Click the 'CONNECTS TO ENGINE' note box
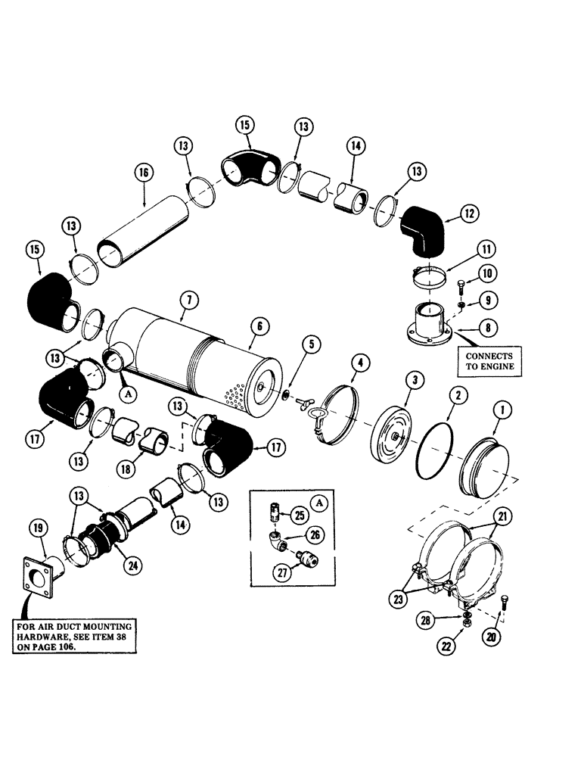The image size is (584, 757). pos(488,361)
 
